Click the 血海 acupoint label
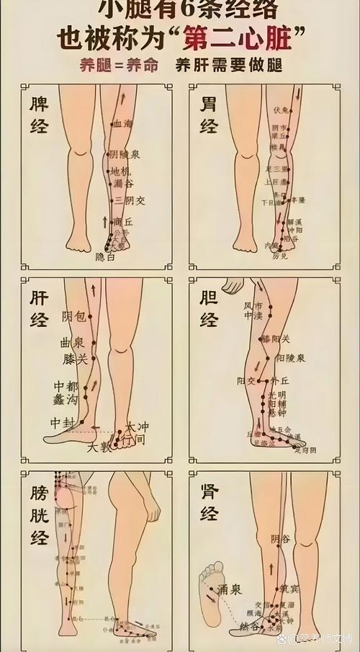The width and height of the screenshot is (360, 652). [123, 124]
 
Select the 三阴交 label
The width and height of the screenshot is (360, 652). [130, 200]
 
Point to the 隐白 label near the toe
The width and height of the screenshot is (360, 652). [105, 256]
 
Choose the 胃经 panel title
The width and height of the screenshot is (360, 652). [209, 115]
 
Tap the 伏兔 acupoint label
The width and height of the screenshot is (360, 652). [281, 110]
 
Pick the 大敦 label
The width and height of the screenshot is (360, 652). [100, 447]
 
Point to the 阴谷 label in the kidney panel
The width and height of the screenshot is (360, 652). [281, 539]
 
